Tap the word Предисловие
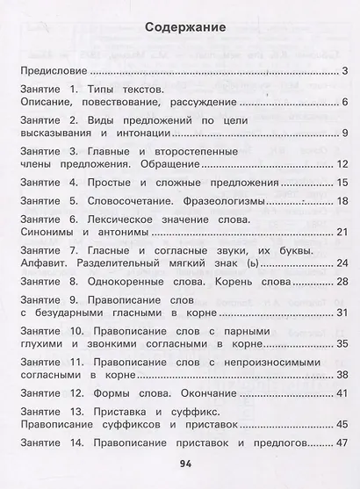click(x=52, y=70)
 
